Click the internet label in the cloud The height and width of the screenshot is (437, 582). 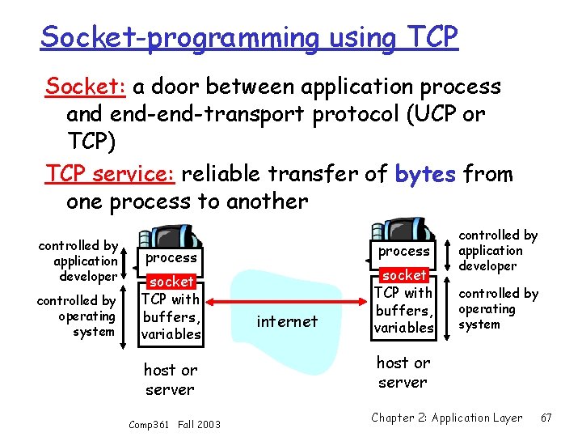tap(286, 321)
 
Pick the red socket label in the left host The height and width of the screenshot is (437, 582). tap(171, 282)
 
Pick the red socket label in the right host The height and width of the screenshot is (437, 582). tap(403, 275)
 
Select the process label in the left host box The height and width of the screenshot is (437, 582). tap(171, 257)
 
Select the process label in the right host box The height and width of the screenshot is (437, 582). tap(403, 251)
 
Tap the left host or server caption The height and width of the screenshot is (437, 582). tap(170, 380)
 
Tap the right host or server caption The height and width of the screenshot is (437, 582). tap(403, 372)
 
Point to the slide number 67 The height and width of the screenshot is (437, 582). tap(546, 418)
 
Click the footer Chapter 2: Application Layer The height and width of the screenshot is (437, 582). tap(446, 418)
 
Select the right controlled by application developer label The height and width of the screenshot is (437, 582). tap(498, 250)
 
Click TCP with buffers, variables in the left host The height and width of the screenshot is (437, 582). tap(171, 316)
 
